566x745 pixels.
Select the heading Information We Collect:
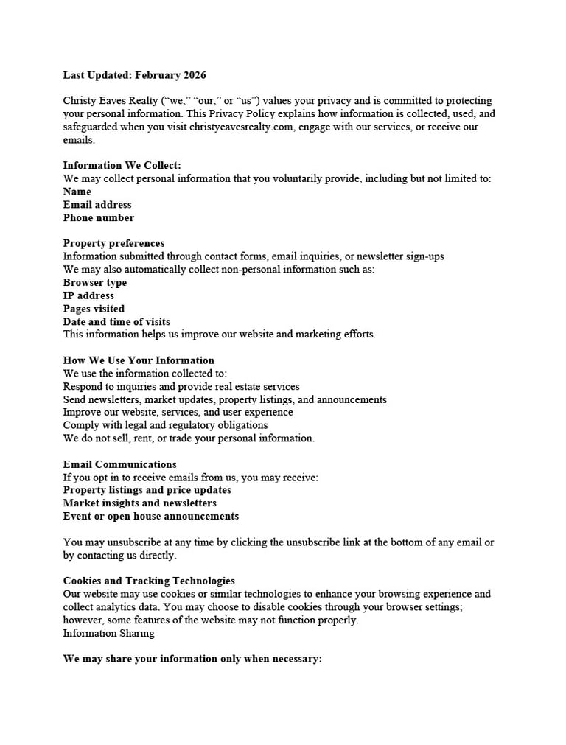pos(122,166)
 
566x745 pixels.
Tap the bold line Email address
pos(97,205)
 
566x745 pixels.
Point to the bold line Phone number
pos(99,218)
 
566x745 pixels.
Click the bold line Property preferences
pos(113,244)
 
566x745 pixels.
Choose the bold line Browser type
pos(94,283)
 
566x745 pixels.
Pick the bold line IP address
pos(88,296)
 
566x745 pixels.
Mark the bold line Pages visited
pos(94,309)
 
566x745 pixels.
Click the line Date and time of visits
pos(116,322)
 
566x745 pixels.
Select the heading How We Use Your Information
pos(139,361)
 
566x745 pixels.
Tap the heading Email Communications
pos(119,465)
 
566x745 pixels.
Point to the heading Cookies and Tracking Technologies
pos(149,581)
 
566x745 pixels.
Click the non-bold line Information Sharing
pos(108,633)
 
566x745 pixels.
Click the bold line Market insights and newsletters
pos(140,503)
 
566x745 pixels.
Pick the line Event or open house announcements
pos(151,517)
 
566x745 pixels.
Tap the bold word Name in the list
pos(77,192)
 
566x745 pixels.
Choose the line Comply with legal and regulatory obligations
pos(165,425)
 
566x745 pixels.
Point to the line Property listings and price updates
pos(147,490)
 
